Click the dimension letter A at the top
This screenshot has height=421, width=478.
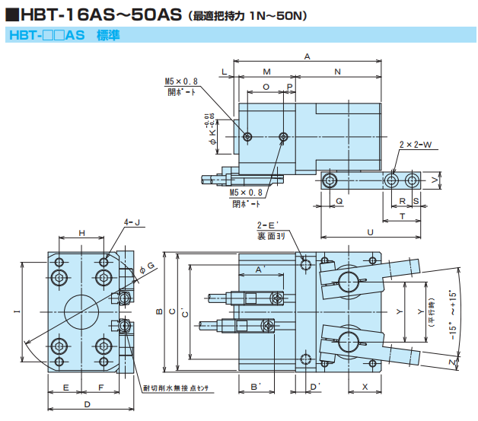307,56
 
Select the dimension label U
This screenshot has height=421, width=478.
370,231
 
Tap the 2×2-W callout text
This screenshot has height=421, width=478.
415,144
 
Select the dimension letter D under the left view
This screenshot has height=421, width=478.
87,403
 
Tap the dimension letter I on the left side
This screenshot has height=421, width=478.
16,311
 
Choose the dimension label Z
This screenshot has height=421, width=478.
452,363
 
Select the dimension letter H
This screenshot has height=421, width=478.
81,232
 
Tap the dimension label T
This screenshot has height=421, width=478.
402,216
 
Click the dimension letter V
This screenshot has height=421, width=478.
433,180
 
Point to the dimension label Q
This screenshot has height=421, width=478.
338,201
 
